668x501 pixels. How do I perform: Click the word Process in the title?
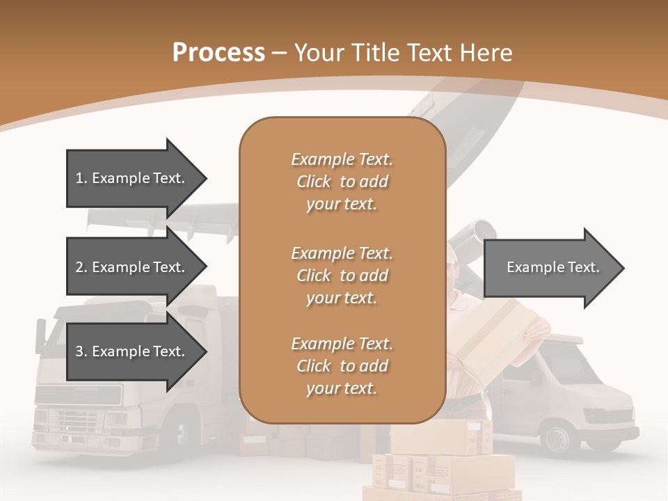pos(218,52)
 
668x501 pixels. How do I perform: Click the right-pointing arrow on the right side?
pos(553,268)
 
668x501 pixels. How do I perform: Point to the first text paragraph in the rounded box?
pos(342,182)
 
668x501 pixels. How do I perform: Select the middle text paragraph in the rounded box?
pos(342,276)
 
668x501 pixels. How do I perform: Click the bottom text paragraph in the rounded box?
pos(342,366)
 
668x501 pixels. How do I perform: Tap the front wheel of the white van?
pos(558,438)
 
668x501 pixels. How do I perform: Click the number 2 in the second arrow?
pos(79,267)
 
